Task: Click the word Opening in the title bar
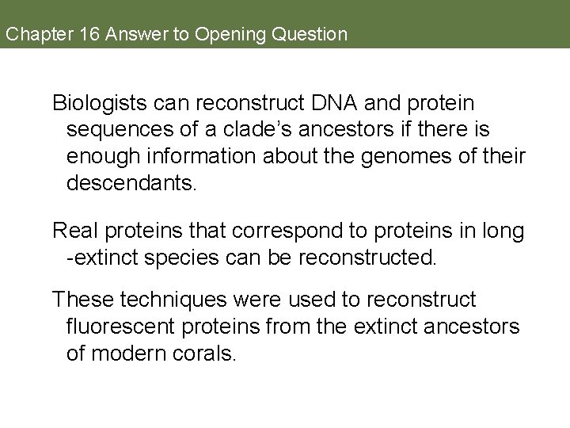click(229, 34)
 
